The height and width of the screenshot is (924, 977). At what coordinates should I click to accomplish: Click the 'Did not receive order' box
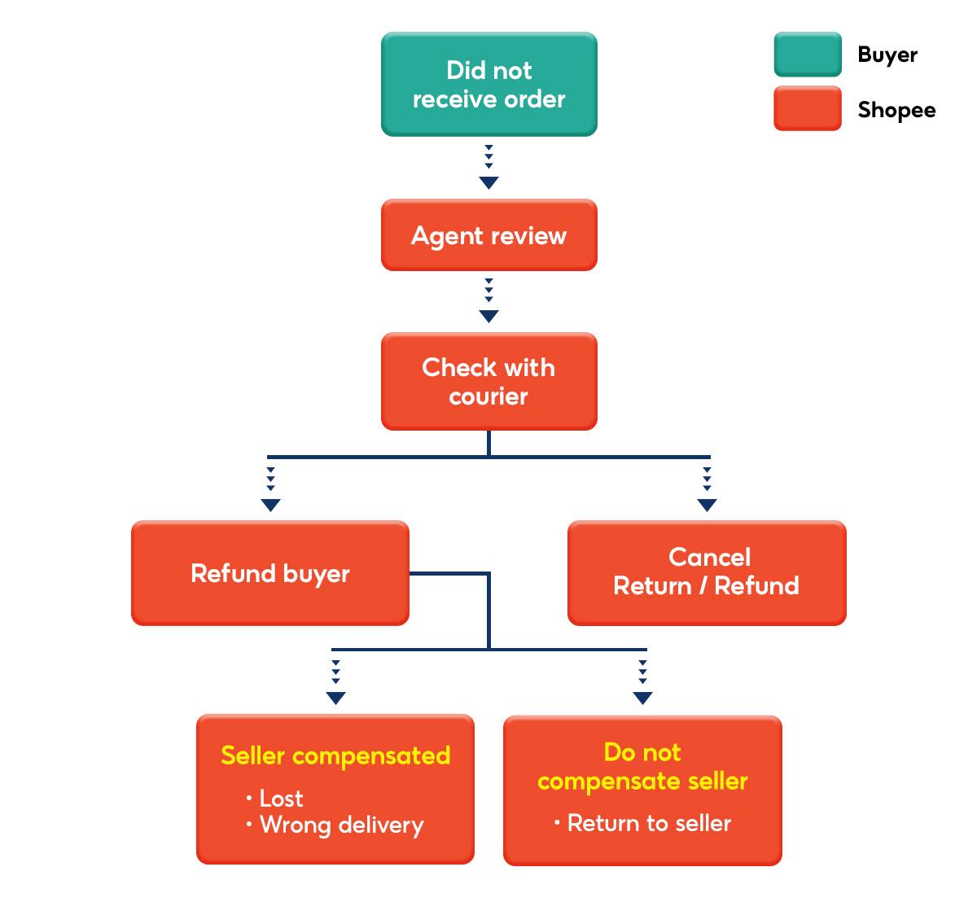coord(488,84)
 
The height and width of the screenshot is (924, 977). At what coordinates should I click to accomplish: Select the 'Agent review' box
coord(488,235)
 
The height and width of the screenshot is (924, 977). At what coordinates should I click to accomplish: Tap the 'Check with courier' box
coord(488,381)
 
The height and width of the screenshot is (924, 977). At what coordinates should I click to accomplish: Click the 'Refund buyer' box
coord(269,573)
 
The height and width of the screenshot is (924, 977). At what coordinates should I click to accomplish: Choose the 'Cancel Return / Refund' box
coord(706,572)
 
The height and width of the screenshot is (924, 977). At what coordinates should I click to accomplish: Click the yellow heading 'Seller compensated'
coord(335,755)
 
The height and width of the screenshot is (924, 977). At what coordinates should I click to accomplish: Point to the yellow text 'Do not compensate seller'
coord(642,766)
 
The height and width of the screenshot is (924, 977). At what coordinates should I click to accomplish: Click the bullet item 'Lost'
coord(280,798)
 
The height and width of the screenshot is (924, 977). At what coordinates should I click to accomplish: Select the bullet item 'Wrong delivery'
coord(341,825)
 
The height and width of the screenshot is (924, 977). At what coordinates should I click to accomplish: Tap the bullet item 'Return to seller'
coord(649,823)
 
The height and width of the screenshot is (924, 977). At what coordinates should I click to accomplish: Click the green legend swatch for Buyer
coord(807,55)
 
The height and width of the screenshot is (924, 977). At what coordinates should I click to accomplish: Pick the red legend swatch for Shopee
coord(807,108)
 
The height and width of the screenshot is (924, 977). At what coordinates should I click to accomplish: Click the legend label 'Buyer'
coord(887,55)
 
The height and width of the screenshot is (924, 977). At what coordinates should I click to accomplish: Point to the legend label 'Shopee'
coord(896,110)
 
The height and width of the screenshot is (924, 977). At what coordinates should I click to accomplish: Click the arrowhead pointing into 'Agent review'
coord(488,182)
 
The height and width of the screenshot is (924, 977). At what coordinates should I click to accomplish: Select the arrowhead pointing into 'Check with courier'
coord(488,316)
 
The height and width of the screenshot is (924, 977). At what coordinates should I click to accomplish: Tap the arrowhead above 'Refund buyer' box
coord(270,505)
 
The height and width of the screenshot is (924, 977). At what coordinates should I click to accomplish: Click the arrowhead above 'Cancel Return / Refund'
coord(707,505)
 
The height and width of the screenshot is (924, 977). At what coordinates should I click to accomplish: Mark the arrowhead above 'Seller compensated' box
coord(335,698)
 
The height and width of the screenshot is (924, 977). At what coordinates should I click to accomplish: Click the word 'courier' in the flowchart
coord(488,396)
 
